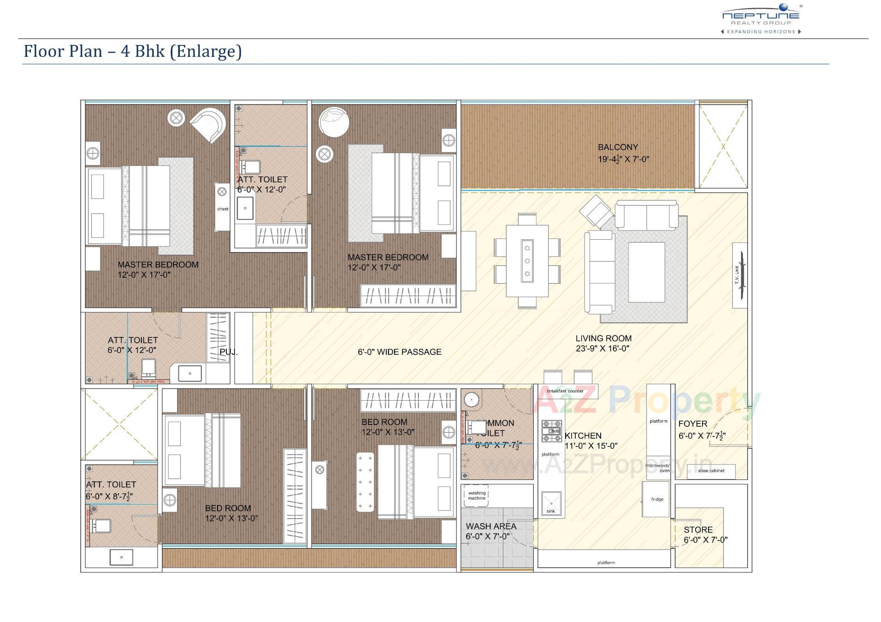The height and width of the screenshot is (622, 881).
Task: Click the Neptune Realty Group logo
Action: pyautogui.click(x=761, y=18)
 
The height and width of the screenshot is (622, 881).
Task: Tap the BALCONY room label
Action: pyautogui.click(x=618, y=147)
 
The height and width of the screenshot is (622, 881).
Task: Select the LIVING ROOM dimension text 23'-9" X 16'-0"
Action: pyautogui.click(x=602, y=348)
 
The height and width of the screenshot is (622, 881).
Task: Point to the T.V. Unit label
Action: pyautogui.click(x=737, y=275)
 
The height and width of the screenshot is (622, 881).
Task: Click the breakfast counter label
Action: pyautogui.click(x=565, y=391)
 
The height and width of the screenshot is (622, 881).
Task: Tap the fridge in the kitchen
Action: pyautogui.click(x=657, y=499)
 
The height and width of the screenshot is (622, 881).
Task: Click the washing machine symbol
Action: pyautogui.click(x=476, y=495)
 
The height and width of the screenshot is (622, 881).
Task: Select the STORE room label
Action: pyautogui.click(x=698, y=529)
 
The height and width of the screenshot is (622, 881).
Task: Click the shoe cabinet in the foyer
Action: pyautogui.click(x=711, y=471)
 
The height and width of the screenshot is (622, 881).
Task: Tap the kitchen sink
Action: pyautogui.click(x=551, y=504)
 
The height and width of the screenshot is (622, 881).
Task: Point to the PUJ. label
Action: pyautogui.click(x=229, y=352)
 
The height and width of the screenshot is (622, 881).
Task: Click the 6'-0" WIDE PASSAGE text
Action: pyautogui.click(x=399, y=352)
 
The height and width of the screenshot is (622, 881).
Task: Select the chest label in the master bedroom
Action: pyautogui.click(x=223, y=209)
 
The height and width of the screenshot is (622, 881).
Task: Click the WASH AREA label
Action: pyautogui.click(x=491, y=526)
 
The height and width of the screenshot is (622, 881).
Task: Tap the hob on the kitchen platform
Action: pyautogui.click(x=552, y=431)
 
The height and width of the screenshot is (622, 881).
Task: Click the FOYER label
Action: pyautogui.click(x=692, y=424)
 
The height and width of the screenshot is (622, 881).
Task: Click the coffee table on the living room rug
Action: pyautogui.click(x=646, y=272)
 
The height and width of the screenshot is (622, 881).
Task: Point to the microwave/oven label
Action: pyautogui.click(x=658, y=468)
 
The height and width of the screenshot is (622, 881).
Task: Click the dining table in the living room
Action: pyautogui.click(x=527, y=261)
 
